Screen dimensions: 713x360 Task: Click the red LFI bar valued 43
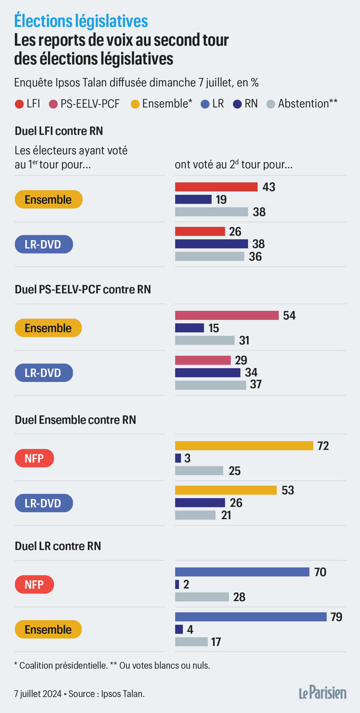tap(216, 187)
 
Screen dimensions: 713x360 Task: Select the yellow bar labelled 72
tap(244, 446)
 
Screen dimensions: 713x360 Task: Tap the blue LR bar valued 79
tap(251, 617)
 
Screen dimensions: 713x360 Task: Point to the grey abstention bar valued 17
tap(191, 641)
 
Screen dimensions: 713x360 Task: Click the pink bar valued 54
tap(227, 315)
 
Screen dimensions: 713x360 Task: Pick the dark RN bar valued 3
tap(178, 458)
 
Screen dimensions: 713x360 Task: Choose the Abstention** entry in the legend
tap(302, 104)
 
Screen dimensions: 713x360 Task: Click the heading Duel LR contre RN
tap(57, 546)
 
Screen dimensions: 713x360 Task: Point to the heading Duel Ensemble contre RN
tap(75, 420)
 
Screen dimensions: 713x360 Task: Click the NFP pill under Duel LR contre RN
tap(34, 585)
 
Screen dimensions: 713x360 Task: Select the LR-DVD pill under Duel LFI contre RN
tap(44, 244)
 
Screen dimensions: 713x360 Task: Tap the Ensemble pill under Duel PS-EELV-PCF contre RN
tap(48, 328)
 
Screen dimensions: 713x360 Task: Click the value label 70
tap(320, 572)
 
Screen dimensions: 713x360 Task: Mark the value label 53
tap(288, 490)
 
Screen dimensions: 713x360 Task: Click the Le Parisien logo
tap(322, 692)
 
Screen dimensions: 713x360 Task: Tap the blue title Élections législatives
tap(81, 21)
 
